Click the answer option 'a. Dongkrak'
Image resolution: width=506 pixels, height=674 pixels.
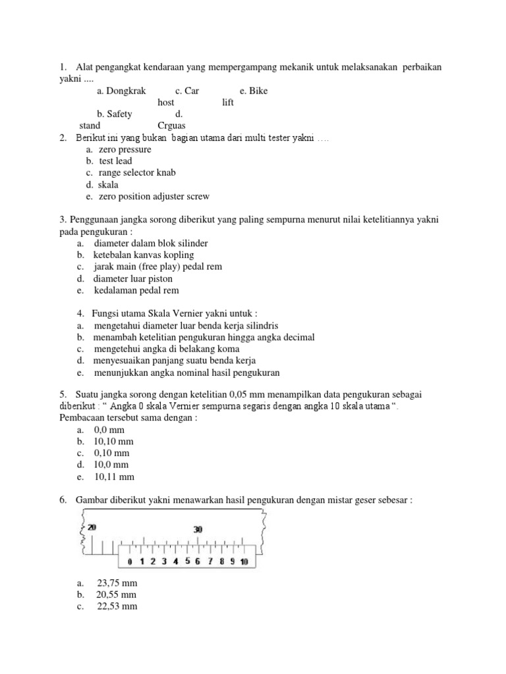tap(121, 91)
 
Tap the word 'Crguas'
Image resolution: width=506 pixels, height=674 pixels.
tap(172, 125)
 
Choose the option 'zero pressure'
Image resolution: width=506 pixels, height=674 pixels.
tap(125, 149)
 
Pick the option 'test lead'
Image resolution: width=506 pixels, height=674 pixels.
tap(115, 161)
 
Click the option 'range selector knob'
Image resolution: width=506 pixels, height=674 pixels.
tap(137, 173)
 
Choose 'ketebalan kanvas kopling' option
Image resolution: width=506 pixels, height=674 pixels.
tap(143, 255)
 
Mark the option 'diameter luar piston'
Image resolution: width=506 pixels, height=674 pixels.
tap(132, 278)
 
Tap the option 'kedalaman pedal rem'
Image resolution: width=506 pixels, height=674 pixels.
tap(136, 290)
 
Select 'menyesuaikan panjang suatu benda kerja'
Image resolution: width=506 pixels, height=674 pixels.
tap(174, 361)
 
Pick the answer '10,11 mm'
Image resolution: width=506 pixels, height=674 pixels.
tap(115, 477)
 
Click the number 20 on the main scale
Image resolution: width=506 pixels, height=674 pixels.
tap(92, 527)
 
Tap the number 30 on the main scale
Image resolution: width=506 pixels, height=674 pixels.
tap(197, 529)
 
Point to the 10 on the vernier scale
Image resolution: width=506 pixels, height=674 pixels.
tap(244, 561)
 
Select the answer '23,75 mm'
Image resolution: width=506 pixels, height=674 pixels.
tap(117, 583)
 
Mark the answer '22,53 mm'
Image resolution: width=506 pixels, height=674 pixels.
tap(117, 607)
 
